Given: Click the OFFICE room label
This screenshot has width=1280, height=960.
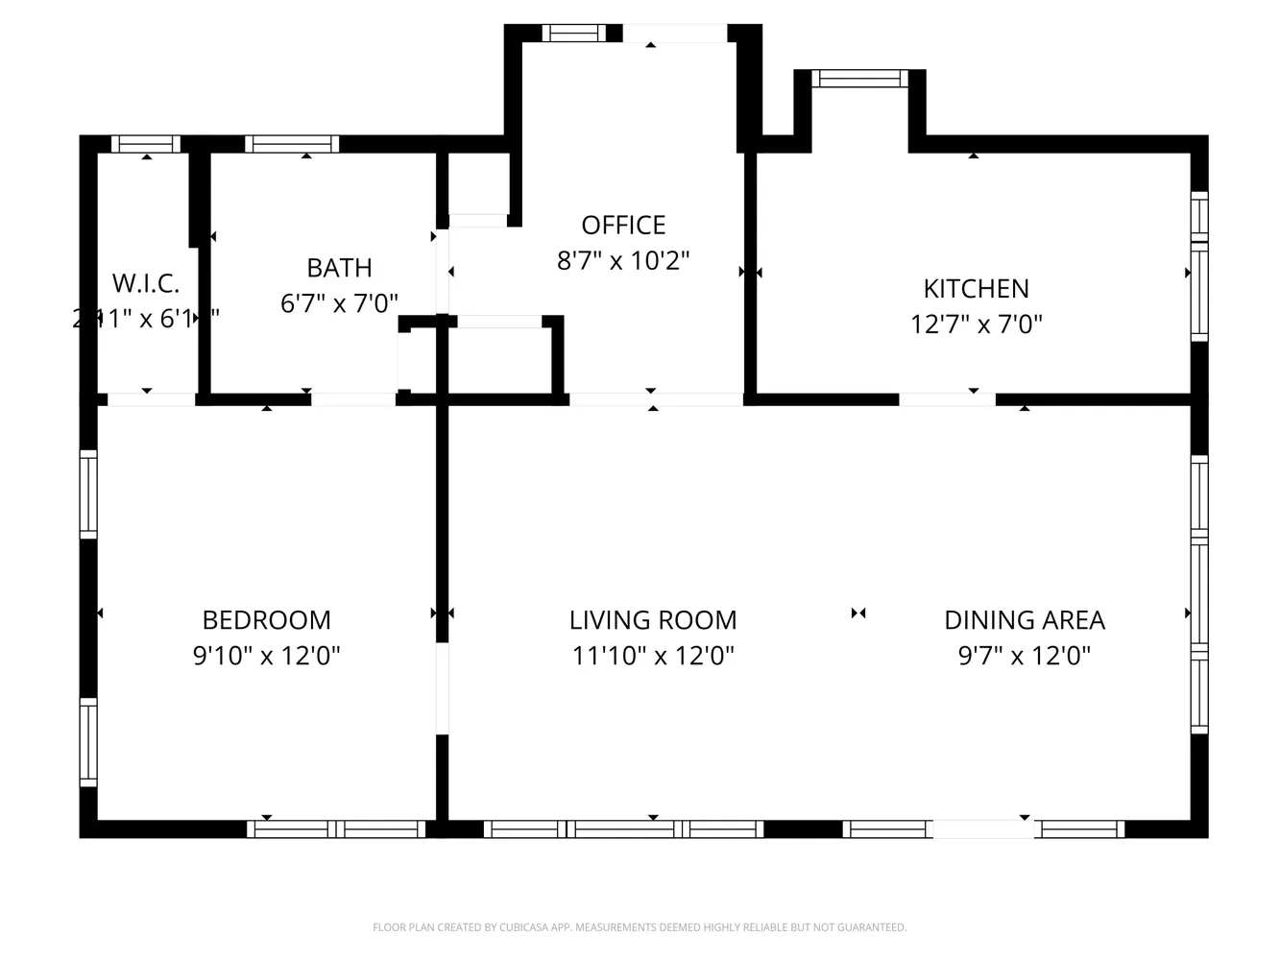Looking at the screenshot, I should pyautogui.click(x=623, y=225).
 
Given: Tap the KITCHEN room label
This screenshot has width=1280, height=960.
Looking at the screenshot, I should pyautogui.click(x=976, y=288).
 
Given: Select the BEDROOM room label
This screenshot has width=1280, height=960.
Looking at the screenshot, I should pyautogui.click(x=266, y=620).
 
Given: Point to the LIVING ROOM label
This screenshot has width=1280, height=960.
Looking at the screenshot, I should pyautogui.click(x=653, y=620).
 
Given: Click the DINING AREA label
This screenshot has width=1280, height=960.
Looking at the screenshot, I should pyautogui.click(x=1025, y=620).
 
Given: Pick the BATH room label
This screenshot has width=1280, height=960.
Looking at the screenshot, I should pyautogui.click(x=339, y=268).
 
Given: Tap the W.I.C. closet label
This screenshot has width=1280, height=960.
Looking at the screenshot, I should pyautogui.click(x=146, y=283).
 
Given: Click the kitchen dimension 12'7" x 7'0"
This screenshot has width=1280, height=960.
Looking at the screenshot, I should pyautogui.click(x=976, y=324).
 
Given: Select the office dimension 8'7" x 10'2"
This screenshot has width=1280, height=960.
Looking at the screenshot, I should pyautogui.click(x=623, y=260).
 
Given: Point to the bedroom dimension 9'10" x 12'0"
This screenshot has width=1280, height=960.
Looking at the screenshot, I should pyautogui.click(x=266, y=656).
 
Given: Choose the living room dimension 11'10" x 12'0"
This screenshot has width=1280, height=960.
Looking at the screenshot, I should pyautogui.click(x=653, y=656).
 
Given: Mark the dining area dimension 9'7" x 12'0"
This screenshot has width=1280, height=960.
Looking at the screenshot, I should pyautogui.click(x=1025, y=656).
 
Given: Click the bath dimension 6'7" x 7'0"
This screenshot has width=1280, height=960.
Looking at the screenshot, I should pyautogui.click(x=339, y=303).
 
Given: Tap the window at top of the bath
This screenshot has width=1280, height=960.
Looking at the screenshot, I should pyautogui.click(x=292, y=144).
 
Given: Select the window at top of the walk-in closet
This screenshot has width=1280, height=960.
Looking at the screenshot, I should pyautogui.click(x=146, y=144).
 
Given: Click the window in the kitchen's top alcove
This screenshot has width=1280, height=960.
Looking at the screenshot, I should pyautogui.click(x=859, y=79).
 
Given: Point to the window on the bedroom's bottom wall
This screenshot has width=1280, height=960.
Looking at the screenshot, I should pyautogui.click(x=336, y=828).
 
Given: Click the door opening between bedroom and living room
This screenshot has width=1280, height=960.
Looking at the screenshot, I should pyautogui.click(x=442, y=688).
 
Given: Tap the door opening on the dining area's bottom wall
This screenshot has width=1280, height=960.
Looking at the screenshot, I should pyautogui.click(x=983, y=828).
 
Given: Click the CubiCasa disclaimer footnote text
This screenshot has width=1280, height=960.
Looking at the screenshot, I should pyautogui.click(x=640, y=927).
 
